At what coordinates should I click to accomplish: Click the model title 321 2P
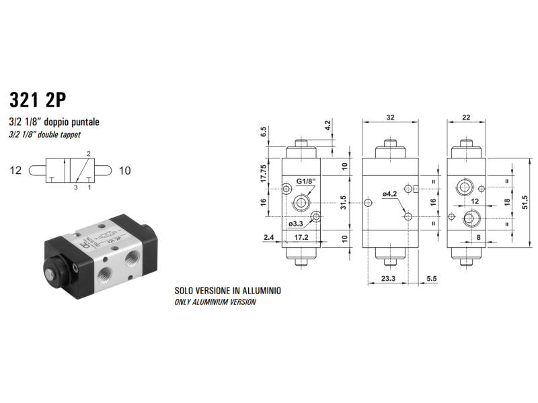38,99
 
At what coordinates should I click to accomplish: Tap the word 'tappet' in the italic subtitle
70,134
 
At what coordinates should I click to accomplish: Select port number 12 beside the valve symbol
15,171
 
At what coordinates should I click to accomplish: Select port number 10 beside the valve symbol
124,171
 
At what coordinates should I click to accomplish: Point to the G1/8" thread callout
306,181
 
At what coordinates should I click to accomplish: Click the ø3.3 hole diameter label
296,224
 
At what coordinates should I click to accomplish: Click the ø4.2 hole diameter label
390,194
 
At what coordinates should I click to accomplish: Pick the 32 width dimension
391,117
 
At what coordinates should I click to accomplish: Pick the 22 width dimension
466,117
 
